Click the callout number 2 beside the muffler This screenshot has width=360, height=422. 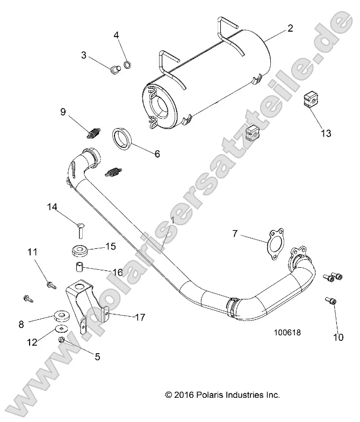click(290, 28)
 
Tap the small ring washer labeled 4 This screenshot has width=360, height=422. click(128, 66)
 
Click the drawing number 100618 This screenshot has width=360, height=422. click(286, 332)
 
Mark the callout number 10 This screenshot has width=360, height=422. click(338, 338)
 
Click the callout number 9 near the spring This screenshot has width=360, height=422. click(63, 112)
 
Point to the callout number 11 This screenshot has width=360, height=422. click(32, 252)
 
